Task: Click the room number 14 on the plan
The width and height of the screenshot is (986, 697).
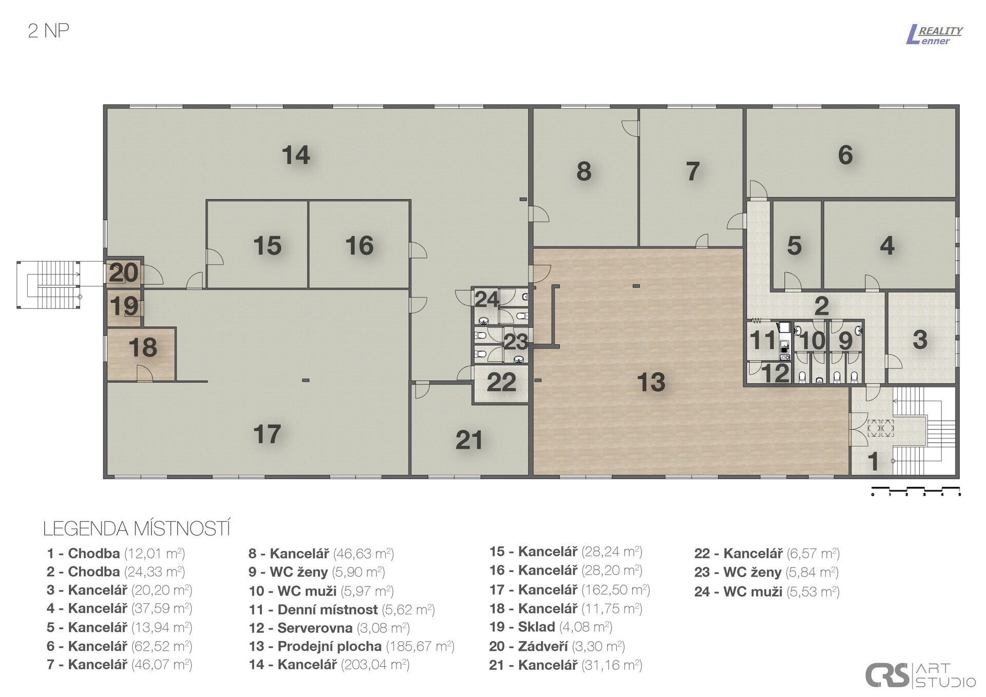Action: pos(296,155)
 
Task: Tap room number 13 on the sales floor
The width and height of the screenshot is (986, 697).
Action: pos(651,382)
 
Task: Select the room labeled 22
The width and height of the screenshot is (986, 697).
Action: pos(501,383)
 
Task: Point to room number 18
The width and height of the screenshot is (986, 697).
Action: pos(142,348)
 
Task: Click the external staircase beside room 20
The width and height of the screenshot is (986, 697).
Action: pos(49,285)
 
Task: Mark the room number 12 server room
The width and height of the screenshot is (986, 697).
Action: pos(775,373)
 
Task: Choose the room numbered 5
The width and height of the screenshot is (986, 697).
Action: pos(794,246)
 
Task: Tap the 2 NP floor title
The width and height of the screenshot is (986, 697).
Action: pos(48,31)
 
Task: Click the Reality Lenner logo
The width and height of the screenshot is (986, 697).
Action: pos(934,35)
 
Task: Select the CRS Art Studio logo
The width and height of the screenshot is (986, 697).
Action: pos(920,675)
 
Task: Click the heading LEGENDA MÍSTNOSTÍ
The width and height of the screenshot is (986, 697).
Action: pos(136,529)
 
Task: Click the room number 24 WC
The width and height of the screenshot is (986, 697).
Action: pos(485,299)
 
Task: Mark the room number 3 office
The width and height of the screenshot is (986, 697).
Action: pos(920,340)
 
